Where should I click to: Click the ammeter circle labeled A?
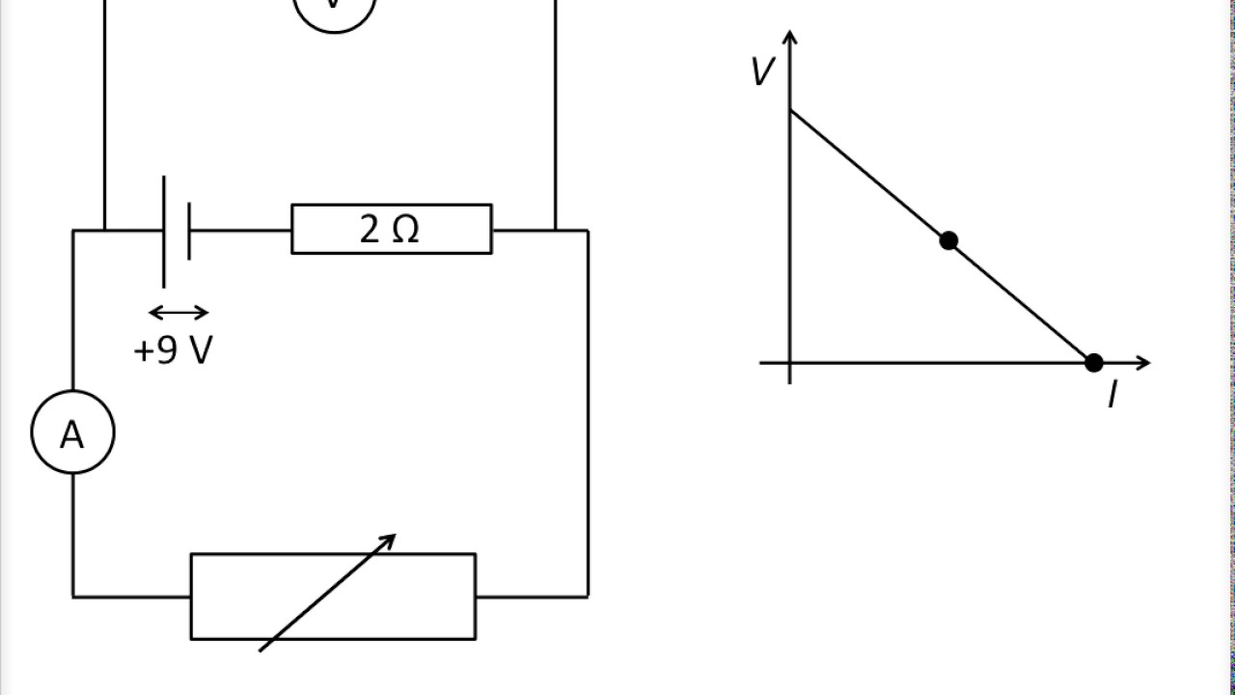point(72,432)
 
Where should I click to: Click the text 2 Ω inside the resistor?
point(390,230)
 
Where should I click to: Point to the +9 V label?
point(173,350)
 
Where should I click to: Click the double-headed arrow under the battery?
point(178,312)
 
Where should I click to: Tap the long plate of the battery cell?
point(164,232)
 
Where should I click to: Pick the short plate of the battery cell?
point(188,232)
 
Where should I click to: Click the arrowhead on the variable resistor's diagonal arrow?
point(389,541)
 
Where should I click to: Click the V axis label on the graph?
point(762,72)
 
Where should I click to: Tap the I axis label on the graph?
point(1111,395)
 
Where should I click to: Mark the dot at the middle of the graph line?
point(948,240)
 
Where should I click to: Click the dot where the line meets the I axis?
point(1093,363)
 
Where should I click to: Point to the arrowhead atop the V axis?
point(790,38)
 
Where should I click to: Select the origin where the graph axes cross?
point(790,363)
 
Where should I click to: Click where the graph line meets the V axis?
point(790,111)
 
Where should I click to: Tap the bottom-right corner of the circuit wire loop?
point(588,597)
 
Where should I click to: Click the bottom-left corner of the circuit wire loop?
point(73,597)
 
